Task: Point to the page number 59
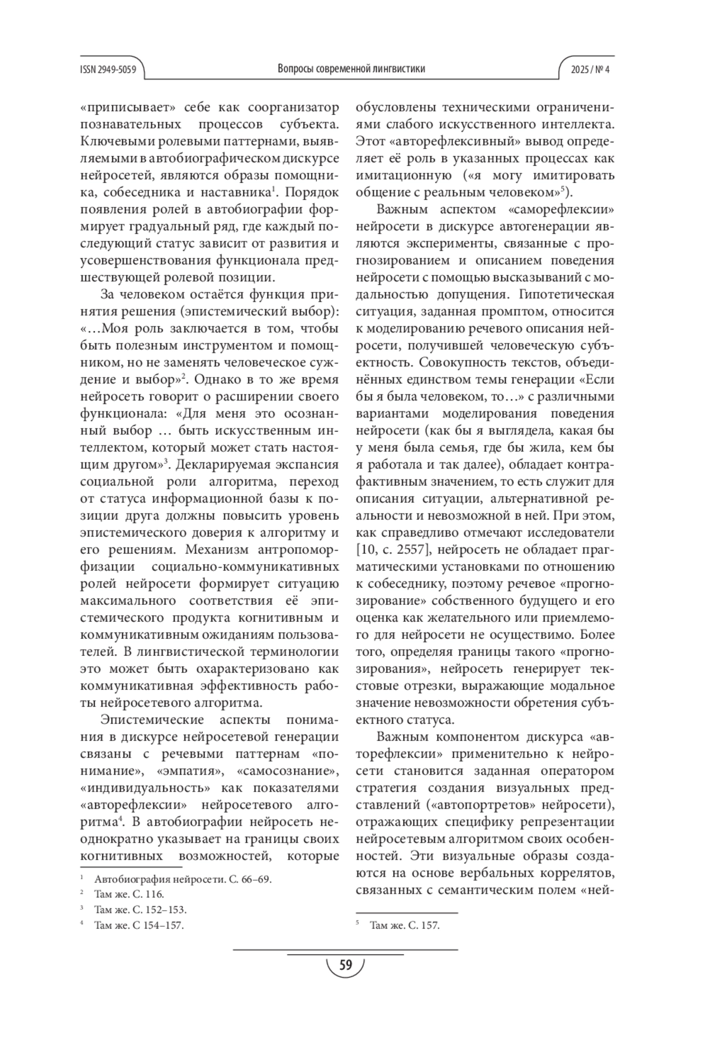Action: [346, 965]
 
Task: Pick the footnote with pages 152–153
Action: [140, 910]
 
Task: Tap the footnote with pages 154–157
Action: [139, 925]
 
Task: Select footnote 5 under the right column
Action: [404, 925]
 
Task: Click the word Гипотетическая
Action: [568, 294]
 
